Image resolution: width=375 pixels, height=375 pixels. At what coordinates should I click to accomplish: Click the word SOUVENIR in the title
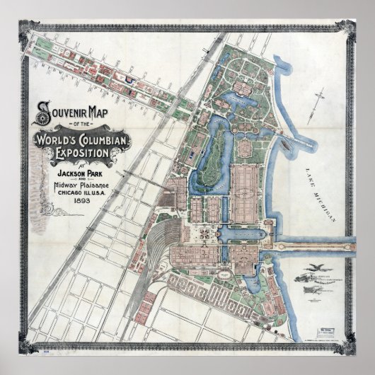coord(62,112)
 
